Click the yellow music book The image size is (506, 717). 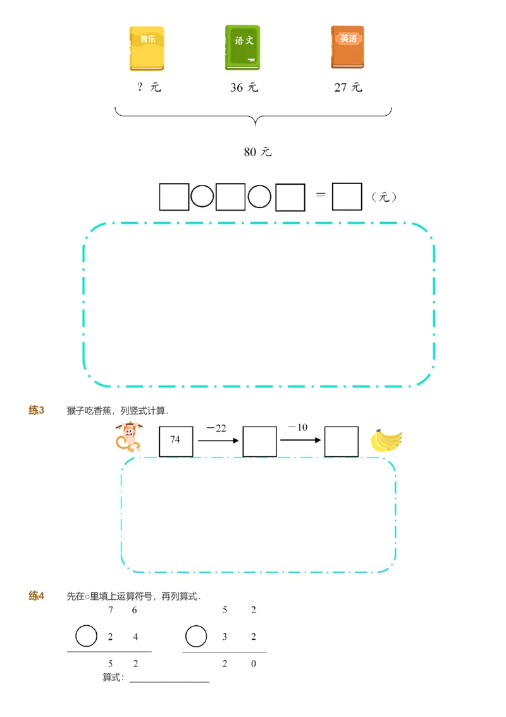point(147,48)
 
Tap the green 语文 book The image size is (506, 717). point(242,47)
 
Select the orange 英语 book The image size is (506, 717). point(347,47)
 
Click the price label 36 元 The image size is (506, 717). point(244,87)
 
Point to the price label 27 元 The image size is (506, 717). point(348,87)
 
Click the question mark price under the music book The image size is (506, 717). point(149,87)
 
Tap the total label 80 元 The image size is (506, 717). point(257,152)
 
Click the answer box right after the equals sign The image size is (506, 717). point(347,197)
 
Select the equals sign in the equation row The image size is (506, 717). point(321,195)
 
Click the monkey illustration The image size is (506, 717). point(128,437)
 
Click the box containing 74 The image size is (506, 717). point(176,441)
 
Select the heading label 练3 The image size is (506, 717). point(36,411)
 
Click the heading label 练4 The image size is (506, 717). point(36,596)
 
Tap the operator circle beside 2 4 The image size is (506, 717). point(87,636)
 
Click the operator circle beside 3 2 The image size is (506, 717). point(196,636)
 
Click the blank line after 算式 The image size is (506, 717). point(169,680)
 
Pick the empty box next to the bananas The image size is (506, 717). point(342,441)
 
